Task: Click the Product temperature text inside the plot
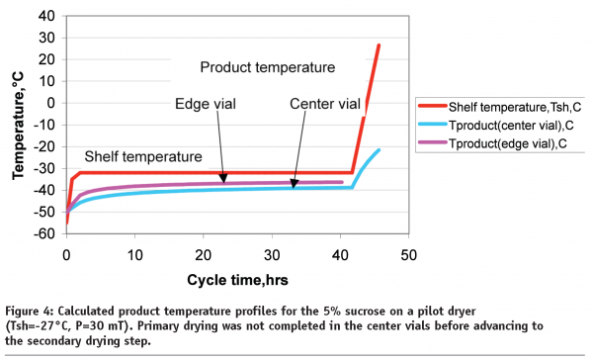pyautogui.click(x=267, y=67)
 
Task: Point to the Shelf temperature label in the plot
pyautogui.click(x=143, y=156)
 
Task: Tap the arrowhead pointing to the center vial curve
pyautogui.click(x=294, y=185)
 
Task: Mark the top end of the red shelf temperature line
pyautogui.click(x=379, y=45)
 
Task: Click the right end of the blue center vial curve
pyautogui.click(x=379, y=150)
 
